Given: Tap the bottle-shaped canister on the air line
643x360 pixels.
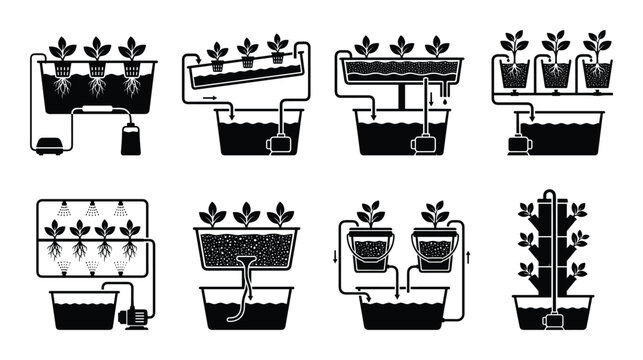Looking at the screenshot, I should (130, 139).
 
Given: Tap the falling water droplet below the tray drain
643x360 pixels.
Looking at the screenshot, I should (433, 101).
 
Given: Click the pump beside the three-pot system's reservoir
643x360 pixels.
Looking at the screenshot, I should (518, 140).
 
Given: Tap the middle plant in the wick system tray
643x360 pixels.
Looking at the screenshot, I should (246, 214).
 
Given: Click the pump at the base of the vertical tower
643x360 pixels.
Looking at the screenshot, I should (548, 319).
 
